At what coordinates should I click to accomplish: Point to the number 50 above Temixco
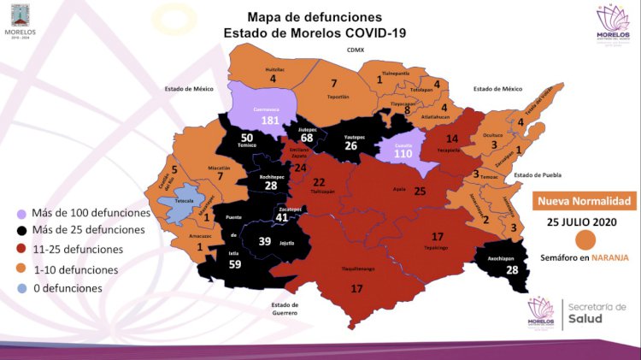[246, 138]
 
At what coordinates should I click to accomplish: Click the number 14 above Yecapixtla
[452, 138]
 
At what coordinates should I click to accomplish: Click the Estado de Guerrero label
[285, 309]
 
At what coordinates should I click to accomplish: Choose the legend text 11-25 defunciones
[77, 250]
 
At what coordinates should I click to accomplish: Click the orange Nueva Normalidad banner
[585, 202]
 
